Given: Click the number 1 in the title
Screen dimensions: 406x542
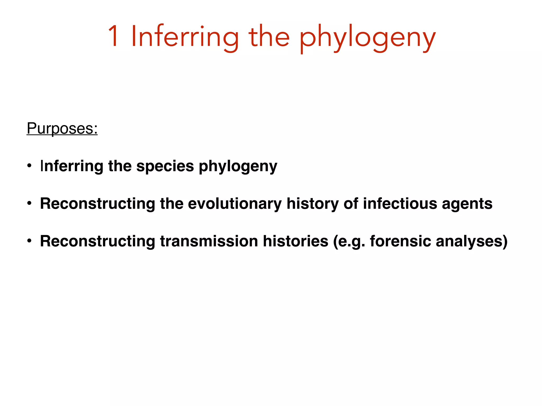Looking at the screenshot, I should pos(114,36).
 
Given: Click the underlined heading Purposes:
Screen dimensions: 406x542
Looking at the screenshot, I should pos(62,128).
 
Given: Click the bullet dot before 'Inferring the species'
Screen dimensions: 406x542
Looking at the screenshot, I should pos(29,166).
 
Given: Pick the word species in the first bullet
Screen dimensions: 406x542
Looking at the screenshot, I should pos(165,167).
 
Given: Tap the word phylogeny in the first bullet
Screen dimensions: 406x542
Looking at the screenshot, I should pos(238,167).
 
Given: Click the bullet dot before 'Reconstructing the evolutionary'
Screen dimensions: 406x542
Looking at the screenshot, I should pos(29,204).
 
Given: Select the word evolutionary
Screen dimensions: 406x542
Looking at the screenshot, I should pos(235,204).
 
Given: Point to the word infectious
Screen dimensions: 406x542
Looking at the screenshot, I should pos(400,204).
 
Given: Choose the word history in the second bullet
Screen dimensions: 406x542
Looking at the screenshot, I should pos(313,204).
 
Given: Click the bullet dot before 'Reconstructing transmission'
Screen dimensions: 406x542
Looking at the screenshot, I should pos(29,241).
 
